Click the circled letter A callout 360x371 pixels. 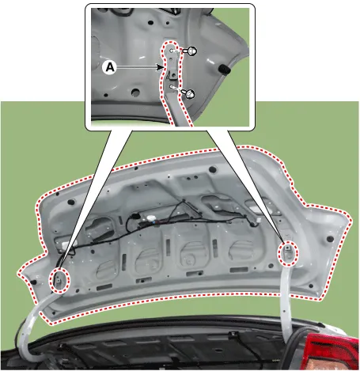110,67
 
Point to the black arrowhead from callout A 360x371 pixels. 159,67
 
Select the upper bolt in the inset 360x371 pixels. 191,51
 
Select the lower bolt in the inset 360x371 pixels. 189,93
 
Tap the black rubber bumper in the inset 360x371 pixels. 225,69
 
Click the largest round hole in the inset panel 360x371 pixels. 135,93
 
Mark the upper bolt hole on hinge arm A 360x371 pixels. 172,51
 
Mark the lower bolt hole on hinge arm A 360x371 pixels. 172,87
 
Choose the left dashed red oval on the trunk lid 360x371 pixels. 60,280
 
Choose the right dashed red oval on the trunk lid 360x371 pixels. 288,253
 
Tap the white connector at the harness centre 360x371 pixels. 151,218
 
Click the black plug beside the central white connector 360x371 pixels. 136,217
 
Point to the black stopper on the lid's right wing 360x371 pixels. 330,239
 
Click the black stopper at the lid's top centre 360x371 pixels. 213,169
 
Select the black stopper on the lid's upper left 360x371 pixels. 70,203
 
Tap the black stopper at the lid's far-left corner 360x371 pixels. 33,282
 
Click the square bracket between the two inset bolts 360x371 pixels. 173,73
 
